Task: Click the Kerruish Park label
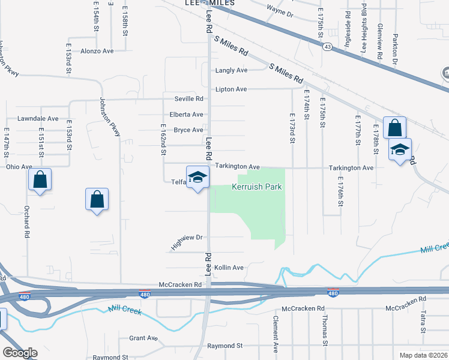(257, 187)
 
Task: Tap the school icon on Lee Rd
(197, 178)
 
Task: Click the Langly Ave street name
(231, 71)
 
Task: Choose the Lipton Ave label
(231, 89)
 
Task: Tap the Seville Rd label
(189, 99)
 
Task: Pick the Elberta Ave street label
(187, 115)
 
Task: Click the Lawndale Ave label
(37, 119)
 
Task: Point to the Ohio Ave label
(19, 167)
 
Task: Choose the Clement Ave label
(276, 334)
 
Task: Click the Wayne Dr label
(280, 12)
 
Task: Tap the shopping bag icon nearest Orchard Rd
(40, 179)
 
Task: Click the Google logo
(20, 353)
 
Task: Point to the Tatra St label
(423, 323)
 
